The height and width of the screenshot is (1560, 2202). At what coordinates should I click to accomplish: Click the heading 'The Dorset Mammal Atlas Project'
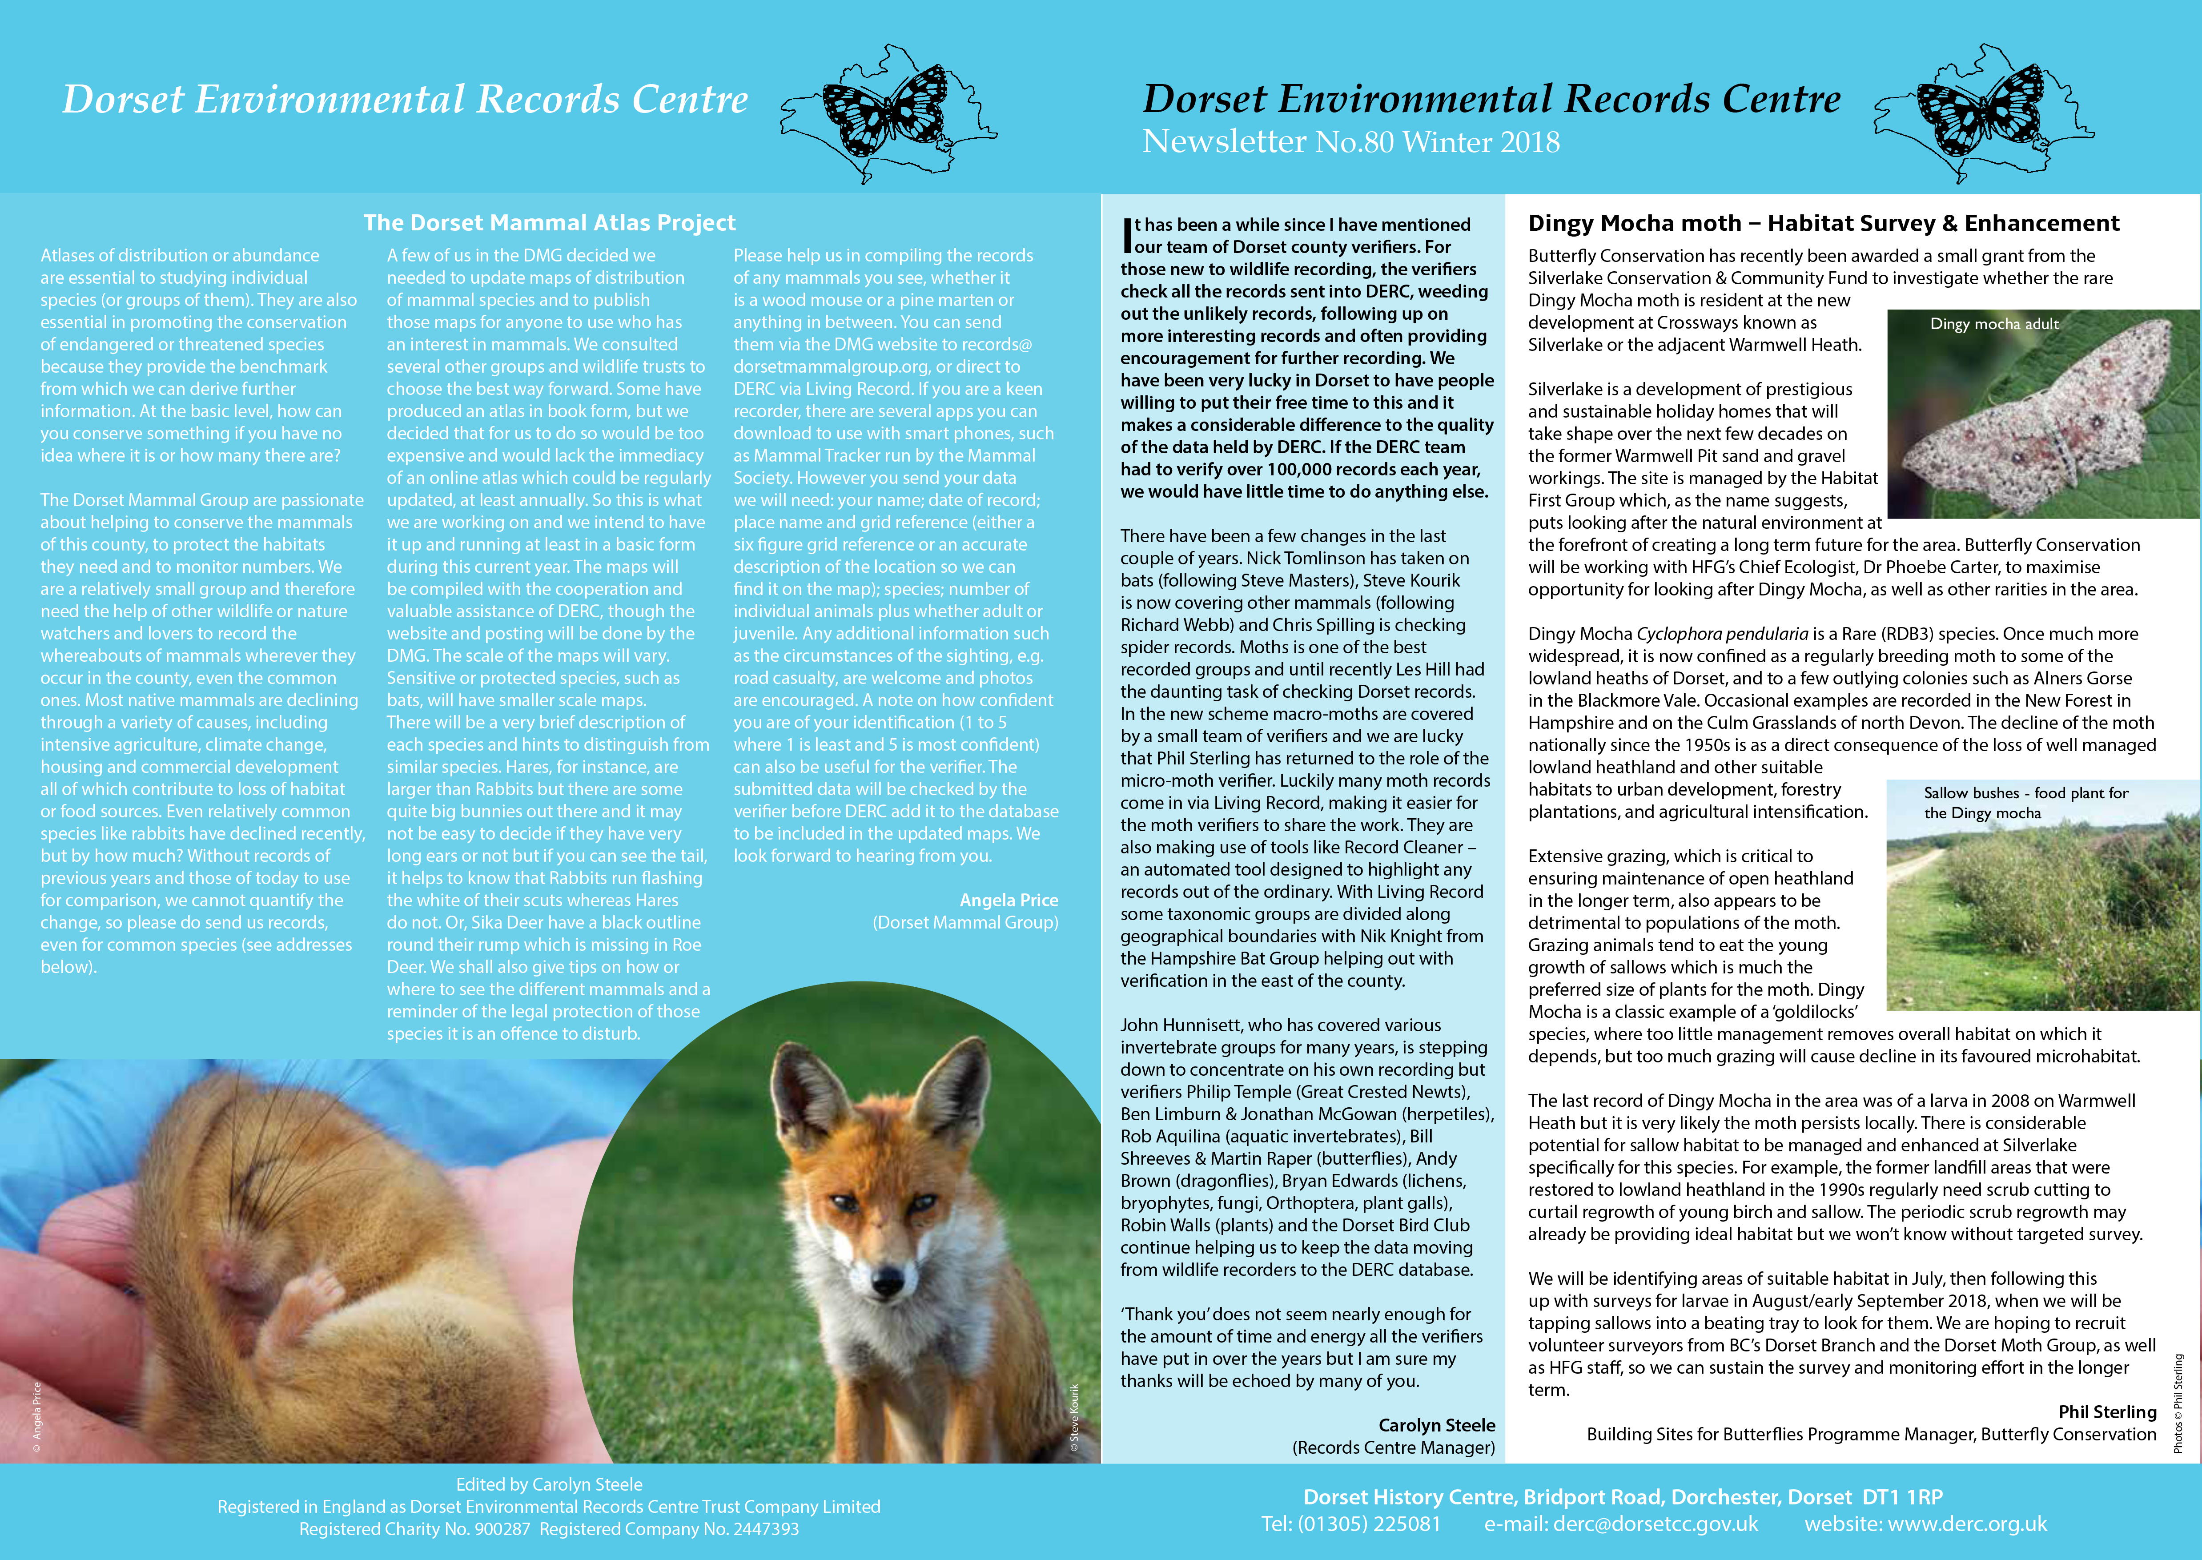[549, 223]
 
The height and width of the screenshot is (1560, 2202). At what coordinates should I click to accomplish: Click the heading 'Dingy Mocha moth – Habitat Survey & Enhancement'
[1823, 223]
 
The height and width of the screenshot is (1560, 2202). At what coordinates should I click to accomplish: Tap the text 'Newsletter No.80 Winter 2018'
[1350, 142]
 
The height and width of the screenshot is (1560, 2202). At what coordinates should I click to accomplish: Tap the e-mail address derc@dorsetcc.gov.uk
[1621, 1524]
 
